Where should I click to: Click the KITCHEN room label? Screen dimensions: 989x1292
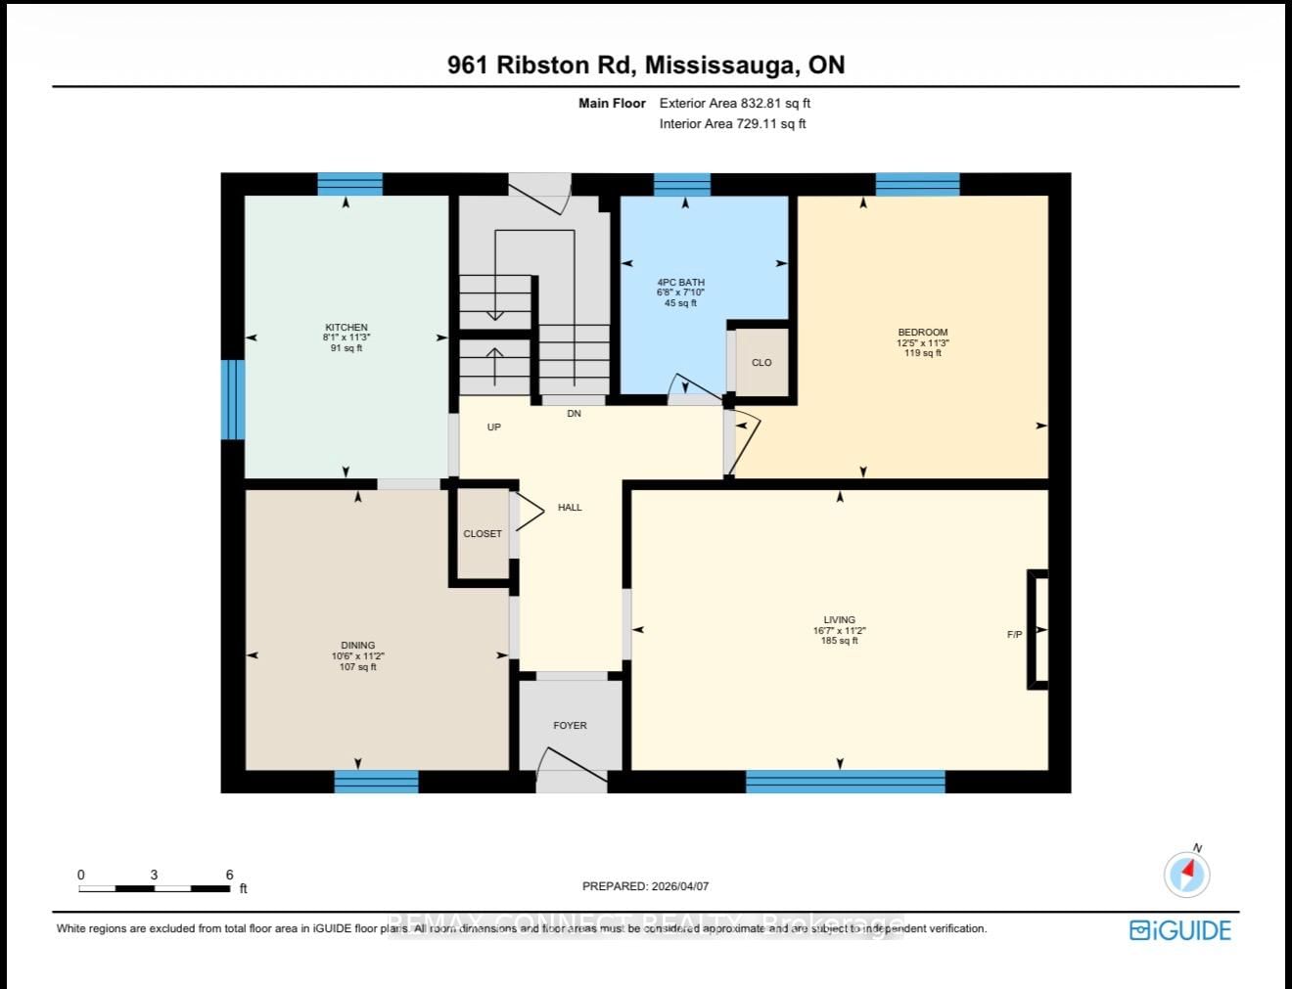click(x=346, y=328)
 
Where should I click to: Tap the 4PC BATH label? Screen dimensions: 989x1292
click(x=680, y=283)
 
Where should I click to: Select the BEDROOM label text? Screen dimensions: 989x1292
click(x=922, y=333)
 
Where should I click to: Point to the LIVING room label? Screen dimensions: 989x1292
click(x=839, y=620)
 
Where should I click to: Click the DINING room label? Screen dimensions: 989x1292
click(x=358, y=646)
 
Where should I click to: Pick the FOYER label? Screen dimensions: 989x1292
click(x=570, y=726)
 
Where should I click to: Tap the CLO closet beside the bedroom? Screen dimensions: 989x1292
click(x=761, y=363)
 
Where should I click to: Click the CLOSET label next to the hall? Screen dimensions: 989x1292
click(x=483, y=534)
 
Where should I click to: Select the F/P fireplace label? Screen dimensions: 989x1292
click(x=1015, y=635)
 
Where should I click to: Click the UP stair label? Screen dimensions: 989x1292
click(x=494, y=427)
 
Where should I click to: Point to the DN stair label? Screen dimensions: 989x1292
click(x=574, y=414)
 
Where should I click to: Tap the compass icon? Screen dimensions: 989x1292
click(x=1187, y=874)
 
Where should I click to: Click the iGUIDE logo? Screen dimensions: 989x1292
click(x=1180, y=929)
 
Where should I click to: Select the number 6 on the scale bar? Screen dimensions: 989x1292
click(x=229, y=876)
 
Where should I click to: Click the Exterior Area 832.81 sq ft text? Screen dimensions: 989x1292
click(x=734, y=103)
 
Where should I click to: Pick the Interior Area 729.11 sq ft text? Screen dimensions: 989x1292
click(x=732, y=123)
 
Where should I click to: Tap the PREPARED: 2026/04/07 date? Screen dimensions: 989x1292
click(x=645, y=886)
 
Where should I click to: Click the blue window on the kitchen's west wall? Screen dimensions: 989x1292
click(x=232, y=399)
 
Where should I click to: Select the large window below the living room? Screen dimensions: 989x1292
click(x=845, y=782)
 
